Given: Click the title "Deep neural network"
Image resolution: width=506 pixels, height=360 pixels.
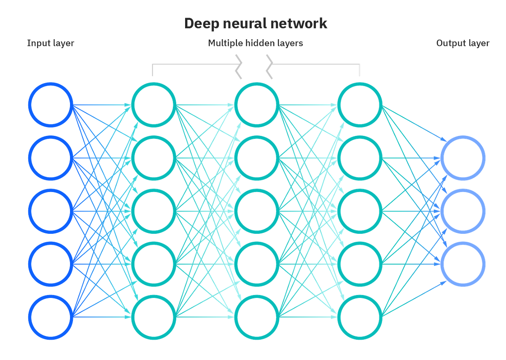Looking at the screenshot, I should point(256,24).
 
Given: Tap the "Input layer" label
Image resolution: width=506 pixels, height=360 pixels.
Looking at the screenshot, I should point(51,43).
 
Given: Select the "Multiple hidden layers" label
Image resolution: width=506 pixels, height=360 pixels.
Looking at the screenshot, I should point(256,43).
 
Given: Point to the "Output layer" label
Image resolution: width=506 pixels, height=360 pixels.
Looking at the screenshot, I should point(463,43).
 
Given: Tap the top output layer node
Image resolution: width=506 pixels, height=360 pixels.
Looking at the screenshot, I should point(463,157).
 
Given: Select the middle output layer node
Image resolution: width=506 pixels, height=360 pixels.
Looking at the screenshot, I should point(463,211).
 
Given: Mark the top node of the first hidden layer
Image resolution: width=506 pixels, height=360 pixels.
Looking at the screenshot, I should point(153,104).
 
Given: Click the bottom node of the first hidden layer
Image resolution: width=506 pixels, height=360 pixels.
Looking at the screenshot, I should point(153,317).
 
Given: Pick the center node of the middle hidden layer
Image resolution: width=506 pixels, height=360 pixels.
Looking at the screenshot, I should point(257,211).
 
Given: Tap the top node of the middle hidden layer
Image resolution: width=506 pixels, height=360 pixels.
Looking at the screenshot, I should point(257,104).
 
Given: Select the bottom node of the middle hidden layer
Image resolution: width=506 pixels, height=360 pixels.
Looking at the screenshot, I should point(257,317).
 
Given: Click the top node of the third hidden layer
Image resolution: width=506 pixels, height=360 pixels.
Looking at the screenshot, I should point(360,104).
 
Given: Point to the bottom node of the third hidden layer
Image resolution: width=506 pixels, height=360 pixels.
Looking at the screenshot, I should point(360,317).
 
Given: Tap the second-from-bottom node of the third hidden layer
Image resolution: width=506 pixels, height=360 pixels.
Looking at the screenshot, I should point(360,264).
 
